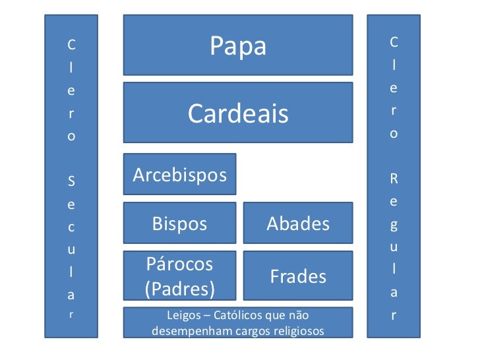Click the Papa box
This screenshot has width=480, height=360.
[x=238, y=46]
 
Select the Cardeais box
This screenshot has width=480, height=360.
[x=238, y=113]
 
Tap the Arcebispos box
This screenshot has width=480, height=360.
[x=179, y=175]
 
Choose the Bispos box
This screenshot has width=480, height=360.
[x=179, y=224]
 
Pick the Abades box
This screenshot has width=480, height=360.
[x=298, y=224]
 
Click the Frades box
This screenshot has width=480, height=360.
[x=298, y=276]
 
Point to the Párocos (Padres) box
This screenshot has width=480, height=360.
[x=179, y=276]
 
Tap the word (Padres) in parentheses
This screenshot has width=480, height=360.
[x=179, y=289]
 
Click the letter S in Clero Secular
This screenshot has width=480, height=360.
[x=71, y=179]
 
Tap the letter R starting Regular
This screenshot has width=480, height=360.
[x=394, y=178]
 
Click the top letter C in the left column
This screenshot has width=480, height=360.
[x=71, y=45]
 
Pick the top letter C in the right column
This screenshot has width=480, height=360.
[x=394, y=42]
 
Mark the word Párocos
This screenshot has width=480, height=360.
[x=179, y=264]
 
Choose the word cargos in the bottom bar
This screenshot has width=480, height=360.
[x=251, y=331]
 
